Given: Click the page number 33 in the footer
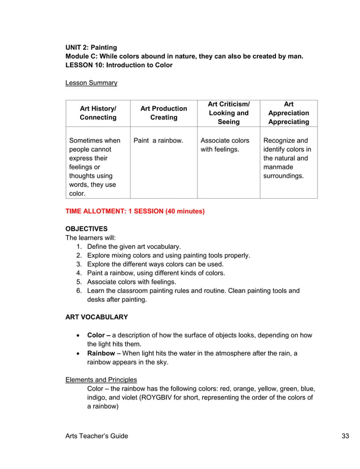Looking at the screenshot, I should coord(345,436).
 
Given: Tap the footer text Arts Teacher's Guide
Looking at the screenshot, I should coord(96,436).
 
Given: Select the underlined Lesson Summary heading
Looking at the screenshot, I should coord(91,83).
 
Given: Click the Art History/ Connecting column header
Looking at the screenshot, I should coord(98,113).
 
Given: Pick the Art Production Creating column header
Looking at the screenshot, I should coord(164,113).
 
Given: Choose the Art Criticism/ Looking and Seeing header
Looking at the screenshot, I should coord(229,113).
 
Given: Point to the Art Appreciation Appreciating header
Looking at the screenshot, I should coord(288,113).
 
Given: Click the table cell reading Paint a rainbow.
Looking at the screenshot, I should coord(158,141).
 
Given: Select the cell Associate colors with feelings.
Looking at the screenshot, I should coord(225,145).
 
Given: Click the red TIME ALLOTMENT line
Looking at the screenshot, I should coord(135,212).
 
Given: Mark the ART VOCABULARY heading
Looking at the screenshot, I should coord(96,317).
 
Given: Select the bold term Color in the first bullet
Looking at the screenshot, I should coord(96,335).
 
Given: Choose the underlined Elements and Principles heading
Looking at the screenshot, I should coord(101,379).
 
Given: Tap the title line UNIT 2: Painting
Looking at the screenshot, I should coord(91,47).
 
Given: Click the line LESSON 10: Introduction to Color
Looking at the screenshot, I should coord(119,65).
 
